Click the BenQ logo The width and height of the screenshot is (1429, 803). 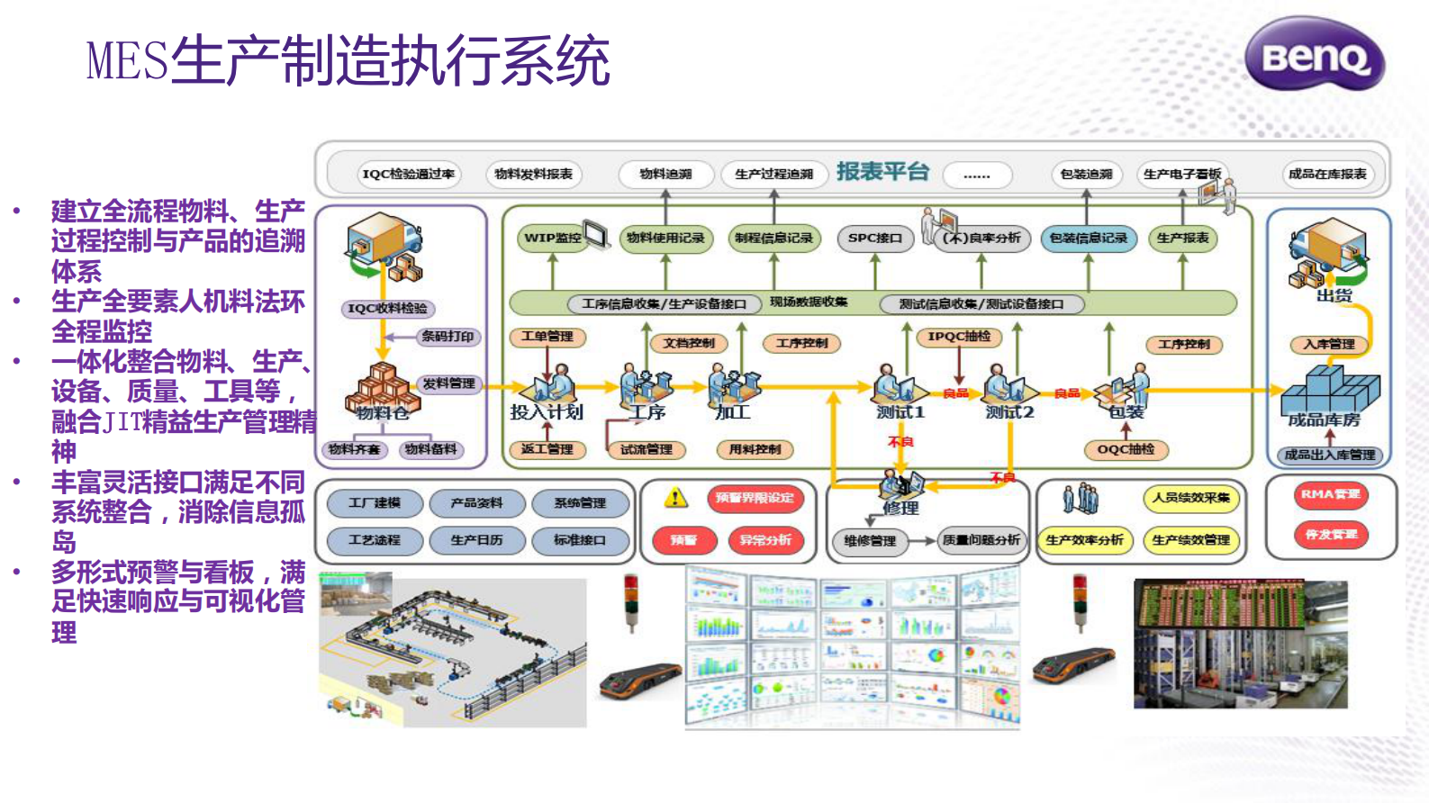1315,56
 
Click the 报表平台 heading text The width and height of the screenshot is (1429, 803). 882,171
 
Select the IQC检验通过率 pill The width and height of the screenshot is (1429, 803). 408,174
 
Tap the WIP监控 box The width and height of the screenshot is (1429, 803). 552,238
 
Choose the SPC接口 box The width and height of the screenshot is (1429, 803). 874,238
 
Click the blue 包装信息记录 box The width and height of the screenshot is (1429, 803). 1088,238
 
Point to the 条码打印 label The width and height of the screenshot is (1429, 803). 448,337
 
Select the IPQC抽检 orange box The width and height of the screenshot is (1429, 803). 959,337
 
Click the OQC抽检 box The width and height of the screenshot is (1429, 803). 1126,449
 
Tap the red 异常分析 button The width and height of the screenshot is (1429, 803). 765,540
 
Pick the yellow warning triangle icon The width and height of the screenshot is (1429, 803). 675,498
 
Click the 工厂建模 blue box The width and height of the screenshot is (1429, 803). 375,502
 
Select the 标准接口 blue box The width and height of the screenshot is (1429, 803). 579,540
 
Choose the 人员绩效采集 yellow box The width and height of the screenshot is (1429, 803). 1190,498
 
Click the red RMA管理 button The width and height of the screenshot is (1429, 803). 1330,494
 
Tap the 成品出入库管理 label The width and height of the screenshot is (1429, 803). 1329,455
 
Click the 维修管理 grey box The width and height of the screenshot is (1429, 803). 869,541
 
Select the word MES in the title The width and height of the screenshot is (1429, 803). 127,61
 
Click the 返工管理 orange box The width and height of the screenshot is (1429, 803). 547,449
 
